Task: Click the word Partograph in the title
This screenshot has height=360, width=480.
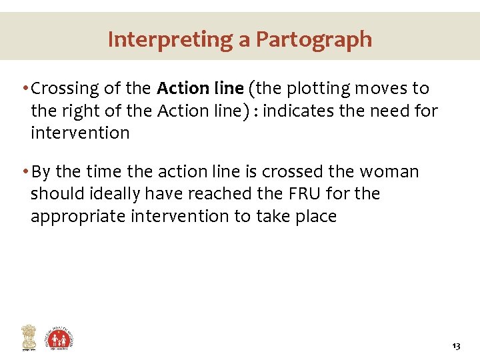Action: coord(314,39)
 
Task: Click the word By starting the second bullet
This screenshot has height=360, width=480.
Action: coord(41,172)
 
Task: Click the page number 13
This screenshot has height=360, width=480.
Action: coord(457,347)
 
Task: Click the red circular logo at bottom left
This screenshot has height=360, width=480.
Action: coord(59,338)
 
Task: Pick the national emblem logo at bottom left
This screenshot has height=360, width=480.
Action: coord(28,337)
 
